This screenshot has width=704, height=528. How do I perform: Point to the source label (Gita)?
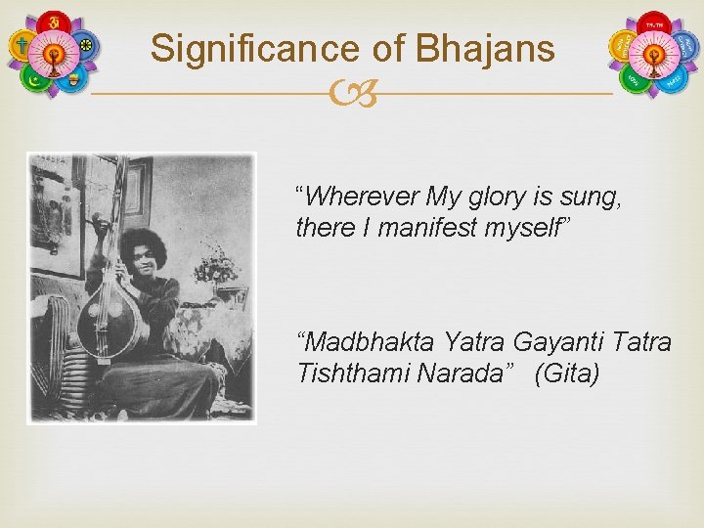[567, 373]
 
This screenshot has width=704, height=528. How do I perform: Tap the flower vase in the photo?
[214, 269]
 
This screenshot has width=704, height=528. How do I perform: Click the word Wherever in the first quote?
[357, 198]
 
